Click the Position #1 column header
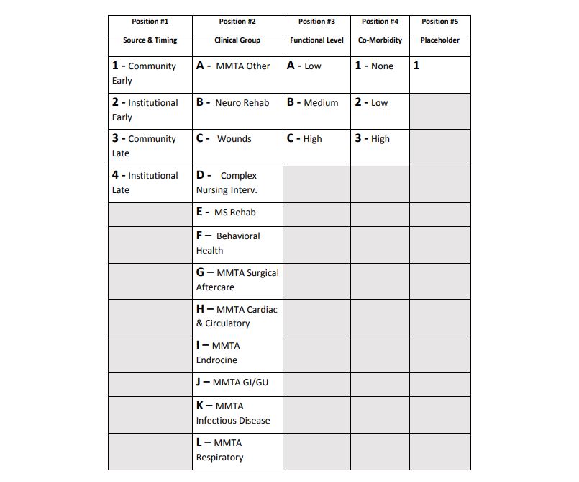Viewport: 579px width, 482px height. click(150, 22)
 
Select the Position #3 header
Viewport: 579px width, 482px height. click(316, 22)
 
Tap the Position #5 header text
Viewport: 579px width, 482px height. click(439, 22)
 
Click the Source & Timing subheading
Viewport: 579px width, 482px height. click(150, 40)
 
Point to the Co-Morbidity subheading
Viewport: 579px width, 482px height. click(380, 40)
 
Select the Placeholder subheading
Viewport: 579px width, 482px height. click(439, 40)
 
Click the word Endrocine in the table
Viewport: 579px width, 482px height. click(216, 360)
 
